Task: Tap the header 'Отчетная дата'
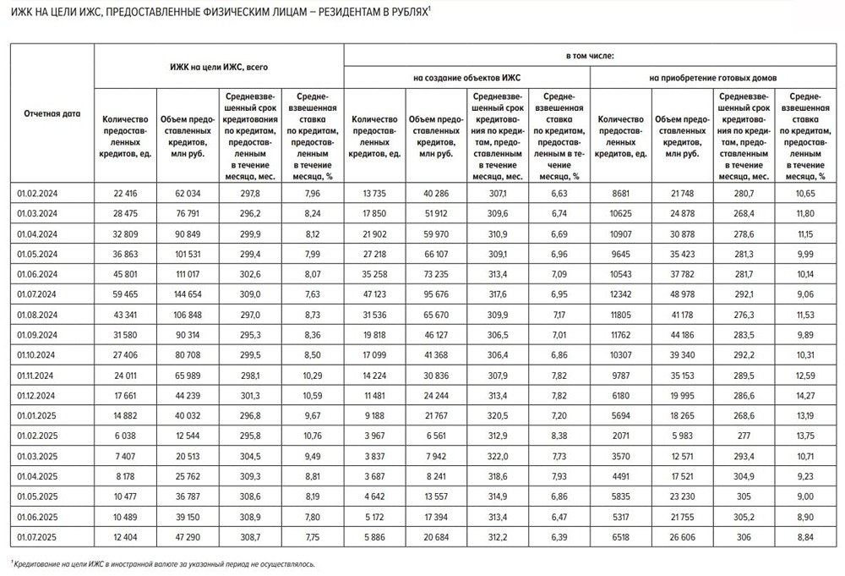point(52,113)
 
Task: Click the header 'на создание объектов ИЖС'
point(466,78)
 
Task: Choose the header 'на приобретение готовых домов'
point(714,78)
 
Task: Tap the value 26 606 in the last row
point(683,536)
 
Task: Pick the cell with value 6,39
point(559,536)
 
